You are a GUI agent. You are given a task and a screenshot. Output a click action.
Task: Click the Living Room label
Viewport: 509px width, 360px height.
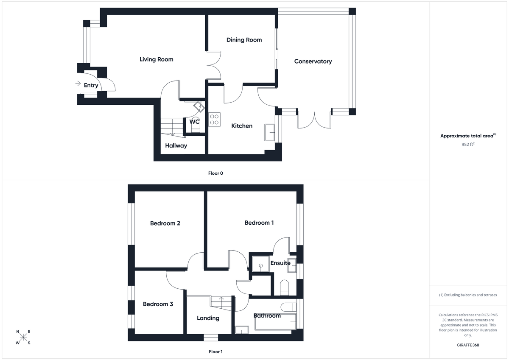[156, 59]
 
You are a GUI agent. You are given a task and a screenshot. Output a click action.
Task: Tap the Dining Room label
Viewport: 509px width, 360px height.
[244, 40]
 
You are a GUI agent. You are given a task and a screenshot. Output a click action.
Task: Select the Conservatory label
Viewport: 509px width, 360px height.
[313, 61]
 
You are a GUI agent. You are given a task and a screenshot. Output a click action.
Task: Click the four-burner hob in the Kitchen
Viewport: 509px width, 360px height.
[214, 119]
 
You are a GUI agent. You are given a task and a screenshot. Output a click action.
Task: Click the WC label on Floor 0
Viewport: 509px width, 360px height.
[194, 122]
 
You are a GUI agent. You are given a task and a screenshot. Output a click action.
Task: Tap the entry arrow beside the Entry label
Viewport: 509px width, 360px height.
[78, 84]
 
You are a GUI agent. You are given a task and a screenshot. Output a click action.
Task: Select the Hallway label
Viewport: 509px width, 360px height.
[176, 145]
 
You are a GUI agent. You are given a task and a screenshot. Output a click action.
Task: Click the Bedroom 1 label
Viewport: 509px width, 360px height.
[259, 223]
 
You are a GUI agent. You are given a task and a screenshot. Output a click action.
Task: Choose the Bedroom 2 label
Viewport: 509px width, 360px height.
[165, 223]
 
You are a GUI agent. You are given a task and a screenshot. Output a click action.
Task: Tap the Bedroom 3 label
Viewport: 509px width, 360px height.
[158, 304]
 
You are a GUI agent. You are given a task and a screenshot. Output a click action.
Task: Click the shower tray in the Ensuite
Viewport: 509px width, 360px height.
[260, 264]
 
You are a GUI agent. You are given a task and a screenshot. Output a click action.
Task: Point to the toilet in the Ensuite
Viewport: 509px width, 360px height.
[285, 287]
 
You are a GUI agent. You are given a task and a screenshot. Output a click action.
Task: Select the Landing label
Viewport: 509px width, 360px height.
[208, 318]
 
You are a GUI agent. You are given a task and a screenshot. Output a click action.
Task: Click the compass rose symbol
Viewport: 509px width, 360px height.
[23, 338]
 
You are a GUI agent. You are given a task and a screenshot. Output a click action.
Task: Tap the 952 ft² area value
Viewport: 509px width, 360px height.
[468, 144]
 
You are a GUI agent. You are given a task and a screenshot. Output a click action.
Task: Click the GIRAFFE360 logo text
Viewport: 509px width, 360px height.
[468, 345]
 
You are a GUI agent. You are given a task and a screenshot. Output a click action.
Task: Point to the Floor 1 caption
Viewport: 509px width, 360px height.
[215, 352]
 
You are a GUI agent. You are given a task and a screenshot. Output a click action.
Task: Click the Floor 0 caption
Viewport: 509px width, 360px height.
[215, 173]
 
